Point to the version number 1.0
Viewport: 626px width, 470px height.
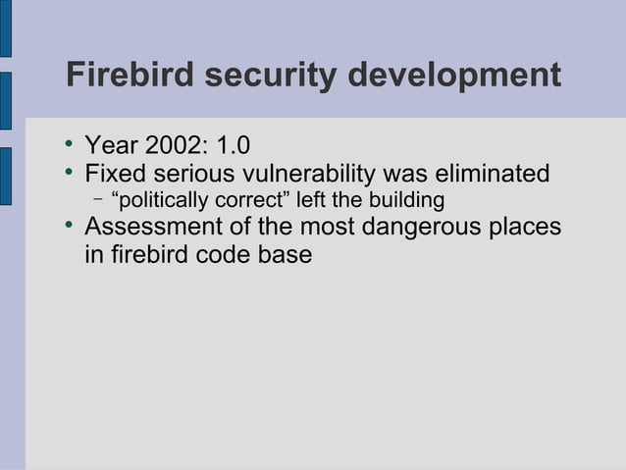pos(233,147)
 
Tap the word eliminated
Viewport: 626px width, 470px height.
pos(488,175)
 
